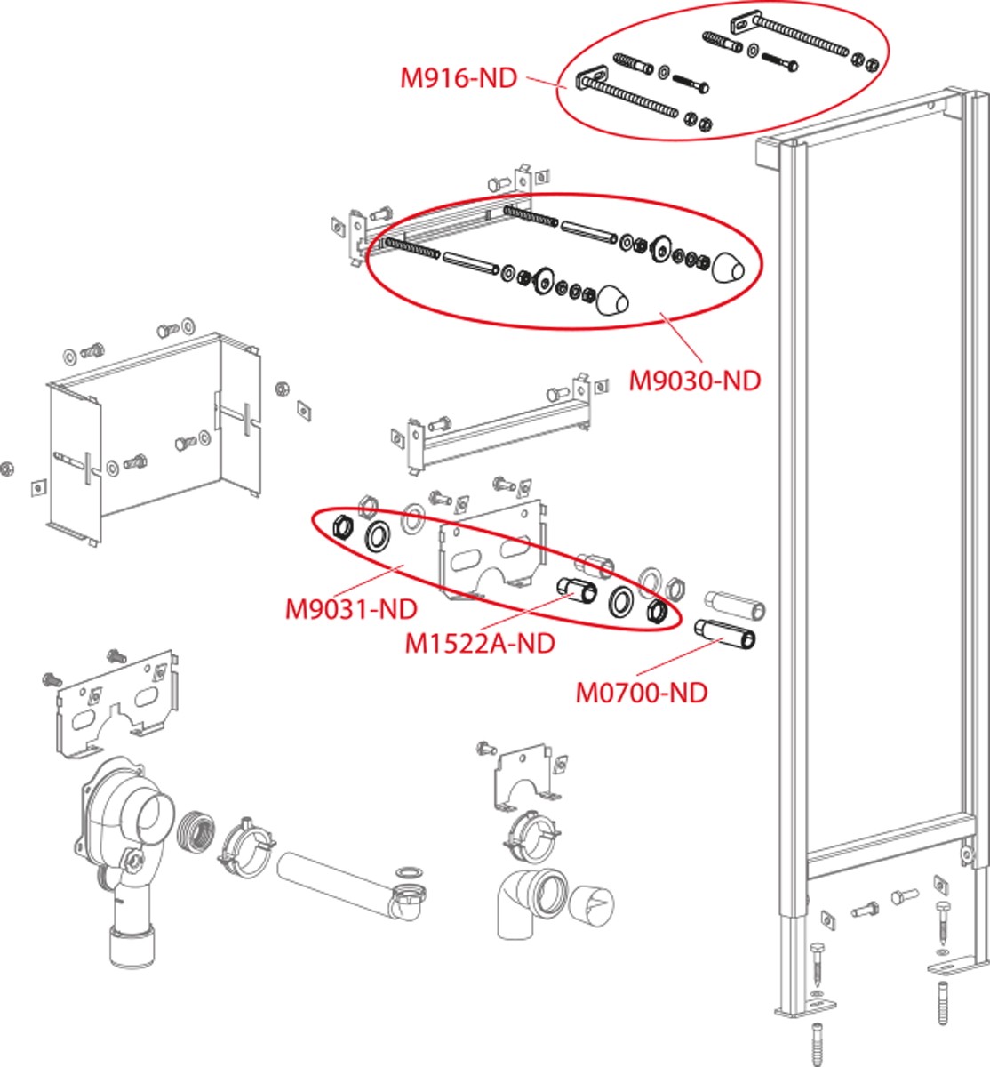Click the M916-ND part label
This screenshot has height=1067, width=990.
point(458,78)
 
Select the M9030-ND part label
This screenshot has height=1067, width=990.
point(695,381)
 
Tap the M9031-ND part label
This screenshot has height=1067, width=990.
point(350,610)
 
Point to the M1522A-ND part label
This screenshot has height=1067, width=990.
point(479,643)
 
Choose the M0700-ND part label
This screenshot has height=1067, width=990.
point(642,692)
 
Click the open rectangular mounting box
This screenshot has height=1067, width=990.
point(156,436)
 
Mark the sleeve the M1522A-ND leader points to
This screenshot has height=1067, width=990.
point(577,590)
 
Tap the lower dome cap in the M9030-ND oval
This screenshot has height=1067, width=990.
point(612,300)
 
